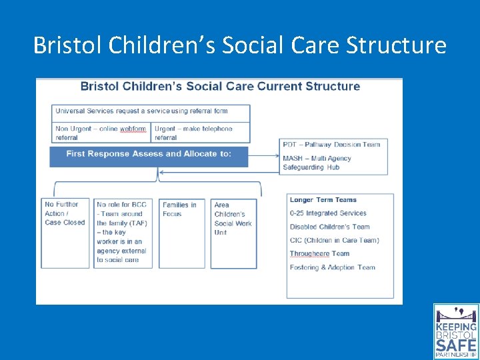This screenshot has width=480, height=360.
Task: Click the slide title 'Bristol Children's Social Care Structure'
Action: pyautogui.click(x=239, y=45)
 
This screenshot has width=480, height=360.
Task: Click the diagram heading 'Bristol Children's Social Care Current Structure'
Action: pyautogui.click(x=220, y=87)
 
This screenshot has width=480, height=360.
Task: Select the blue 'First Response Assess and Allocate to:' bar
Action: pyautogui.click(x=149, y=154)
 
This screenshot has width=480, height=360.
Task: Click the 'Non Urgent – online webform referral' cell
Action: pyautogui.click(x=101, y=133)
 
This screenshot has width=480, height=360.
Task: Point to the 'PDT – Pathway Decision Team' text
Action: pyautogui.click(x=331, y=145)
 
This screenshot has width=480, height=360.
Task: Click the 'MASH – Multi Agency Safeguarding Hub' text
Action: pyautogui.click(x=317, y=163)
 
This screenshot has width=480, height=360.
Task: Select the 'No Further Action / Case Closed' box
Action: pyautogui.click(x=65, y=213)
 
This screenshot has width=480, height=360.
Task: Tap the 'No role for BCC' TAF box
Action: pyautogui.click(x=123, y=232)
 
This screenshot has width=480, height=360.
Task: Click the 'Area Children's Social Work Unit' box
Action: pyautogui.click(x=233, y=219)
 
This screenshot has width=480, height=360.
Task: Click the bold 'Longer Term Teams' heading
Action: pyautogui.click(x=323, y=200)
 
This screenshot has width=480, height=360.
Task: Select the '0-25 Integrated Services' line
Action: pyautogui.click(x=328, y=213)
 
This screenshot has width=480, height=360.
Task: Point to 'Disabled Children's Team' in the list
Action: pyautogui.click(x=329, y=227)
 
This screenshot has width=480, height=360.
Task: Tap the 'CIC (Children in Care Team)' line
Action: pyautogui.click(x=334, y=240)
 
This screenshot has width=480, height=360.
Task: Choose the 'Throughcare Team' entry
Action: pyautogui.click(x=319, y=254)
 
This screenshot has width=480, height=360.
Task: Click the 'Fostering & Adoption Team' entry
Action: pyautogui.click(x=332, y=267)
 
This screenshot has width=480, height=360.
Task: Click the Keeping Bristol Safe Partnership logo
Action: pyautogui.click(x=456, y=331)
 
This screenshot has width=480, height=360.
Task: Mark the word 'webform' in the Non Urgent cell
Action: pyautogui.click(x=133, y=129)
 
